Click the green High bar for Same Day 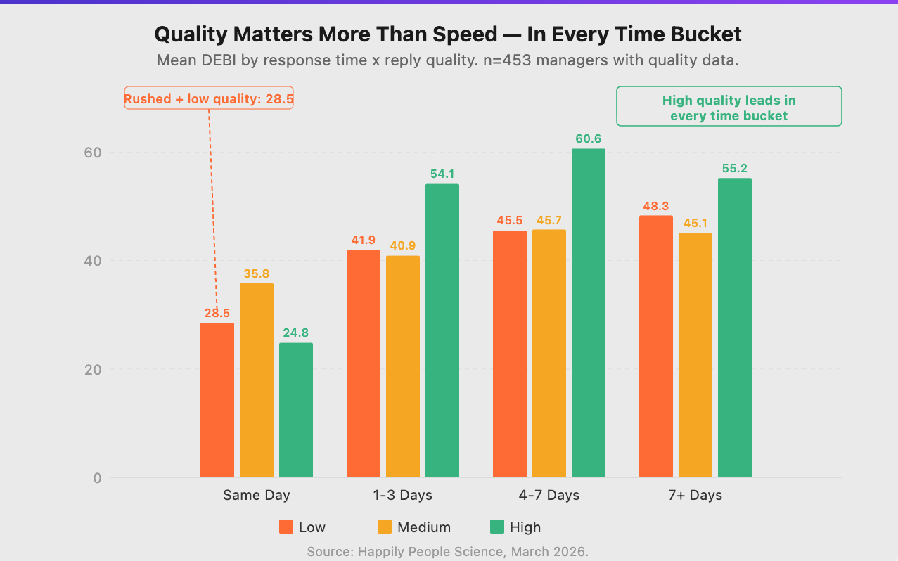coord(295,410)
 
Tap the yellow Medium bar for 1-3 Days coord(402,366)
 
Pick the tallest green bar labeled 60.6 coord(588,313)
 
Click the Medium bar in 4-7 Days coord(549,353)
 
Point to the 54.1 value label coord(442,174)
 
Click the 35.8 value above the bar coord(256,273)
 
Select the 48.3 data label coord(655,206)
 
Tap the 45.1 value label coord(695,223)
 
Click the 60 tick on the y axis coord(94,153)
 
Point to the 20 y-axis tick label coord(94,369)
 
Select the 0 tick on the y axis coord(97,478)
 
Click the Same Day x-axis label coord(256,495)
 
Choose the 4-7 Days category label coord(549,495)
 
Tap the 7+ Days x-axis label coord(695,495)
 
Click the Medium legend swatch coord(384,527)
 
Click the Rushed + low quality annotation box coord(208,99)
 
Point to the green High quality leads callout coord(729,107)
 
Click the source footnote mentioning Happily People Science coord(447,552)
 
